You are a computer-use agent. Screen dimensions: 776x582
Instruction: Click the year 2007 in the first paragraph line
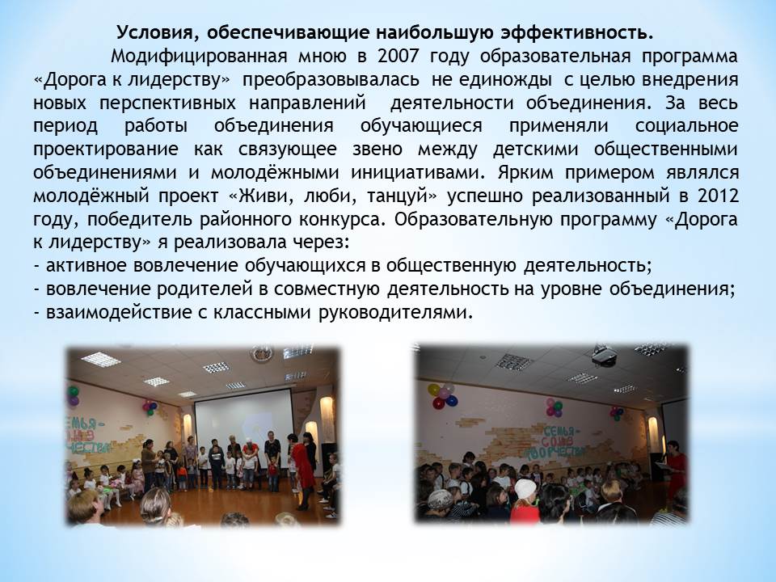tap(398, 57)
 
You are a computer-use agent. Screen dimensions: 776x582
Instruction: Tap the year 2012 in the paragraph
tap(718, 196)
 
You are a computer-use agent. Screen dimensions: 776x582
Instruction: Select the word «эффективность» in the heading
tap(577, 33)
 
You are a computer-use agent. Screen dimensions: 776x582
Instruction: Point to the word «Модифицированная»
tap(199, 57)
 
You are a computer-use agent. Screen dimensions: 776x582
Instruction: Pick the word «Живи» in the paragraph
tap(259, 196)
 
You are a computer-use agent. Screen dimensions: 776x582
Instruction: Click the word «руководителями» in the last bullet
tap(396, 313)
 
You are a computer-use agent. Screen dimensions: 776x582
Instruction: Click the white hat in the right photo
tap(525, 490)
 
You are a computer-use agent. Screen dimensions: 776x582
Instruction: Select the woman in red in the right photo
tap(676, 470)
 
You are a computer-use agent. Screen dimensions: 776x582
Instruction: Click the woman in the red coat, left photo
tap(302, 471)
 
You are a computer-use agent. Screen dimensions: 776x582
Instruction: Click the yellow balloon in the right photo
tap(433, 390)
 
